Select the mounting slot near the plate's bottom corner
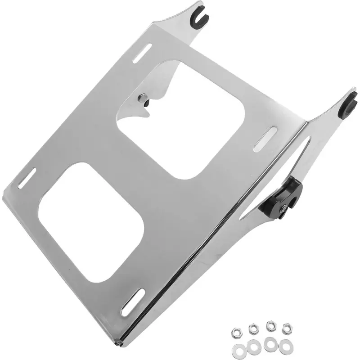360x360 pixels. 132,302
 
